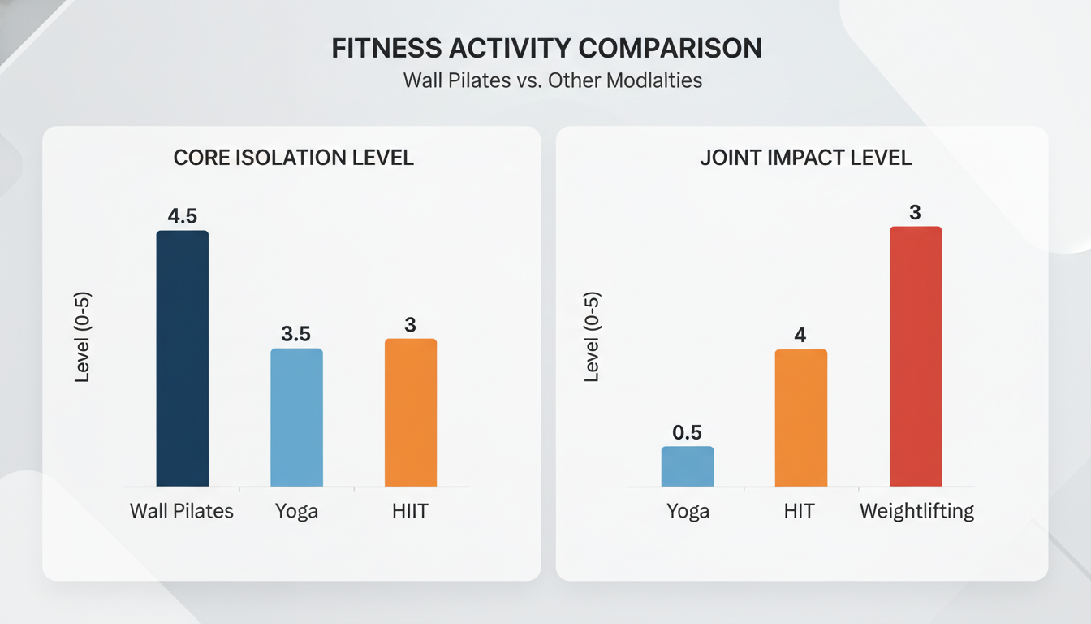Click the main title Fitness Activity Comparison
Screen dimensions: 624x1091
pos(546,49)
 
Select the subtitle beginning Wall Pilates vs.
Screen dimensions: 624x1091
pos(552,81)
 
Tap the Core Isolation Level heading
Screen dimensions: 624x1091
pos(294,157)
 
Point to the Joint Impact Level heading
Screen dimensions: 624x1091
pos(805,157)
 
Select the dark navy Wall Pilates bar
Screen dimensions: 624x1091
pos(182,358)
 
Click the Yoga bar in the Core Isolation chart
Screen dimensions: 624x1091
pos(296,417)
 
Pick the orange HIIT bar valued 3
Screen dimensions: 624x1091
pos(410,412)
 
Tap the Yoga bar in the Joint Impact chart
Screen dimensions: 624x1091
pos(688,466)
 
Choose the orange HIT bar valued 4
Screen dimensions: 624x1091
pos(800,418)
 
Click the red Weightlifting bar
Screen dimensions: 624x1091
pos(916,356)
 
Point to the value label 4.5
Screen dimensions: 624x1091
pos(182,216)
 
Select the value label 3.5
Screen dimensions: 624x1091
pos(296,334)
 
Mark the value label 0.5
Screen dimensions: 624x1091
pos(688,432)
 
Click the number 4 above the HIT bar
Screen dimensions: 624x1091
pos(800,335)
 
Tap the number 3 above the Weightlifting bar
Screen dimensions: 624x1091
pos(915,213)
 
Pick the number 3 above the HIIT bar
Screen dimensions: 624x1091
pos(410,324)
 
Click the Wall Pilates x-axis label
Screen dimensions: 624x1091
pos(182,511)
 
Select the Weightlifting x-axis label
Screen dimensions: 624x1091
pos(916,512)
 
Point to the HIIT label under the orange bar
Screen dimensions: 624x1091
pos(410,511)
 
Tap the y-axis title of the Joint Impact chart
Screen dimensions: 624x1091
pos(593,336)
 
